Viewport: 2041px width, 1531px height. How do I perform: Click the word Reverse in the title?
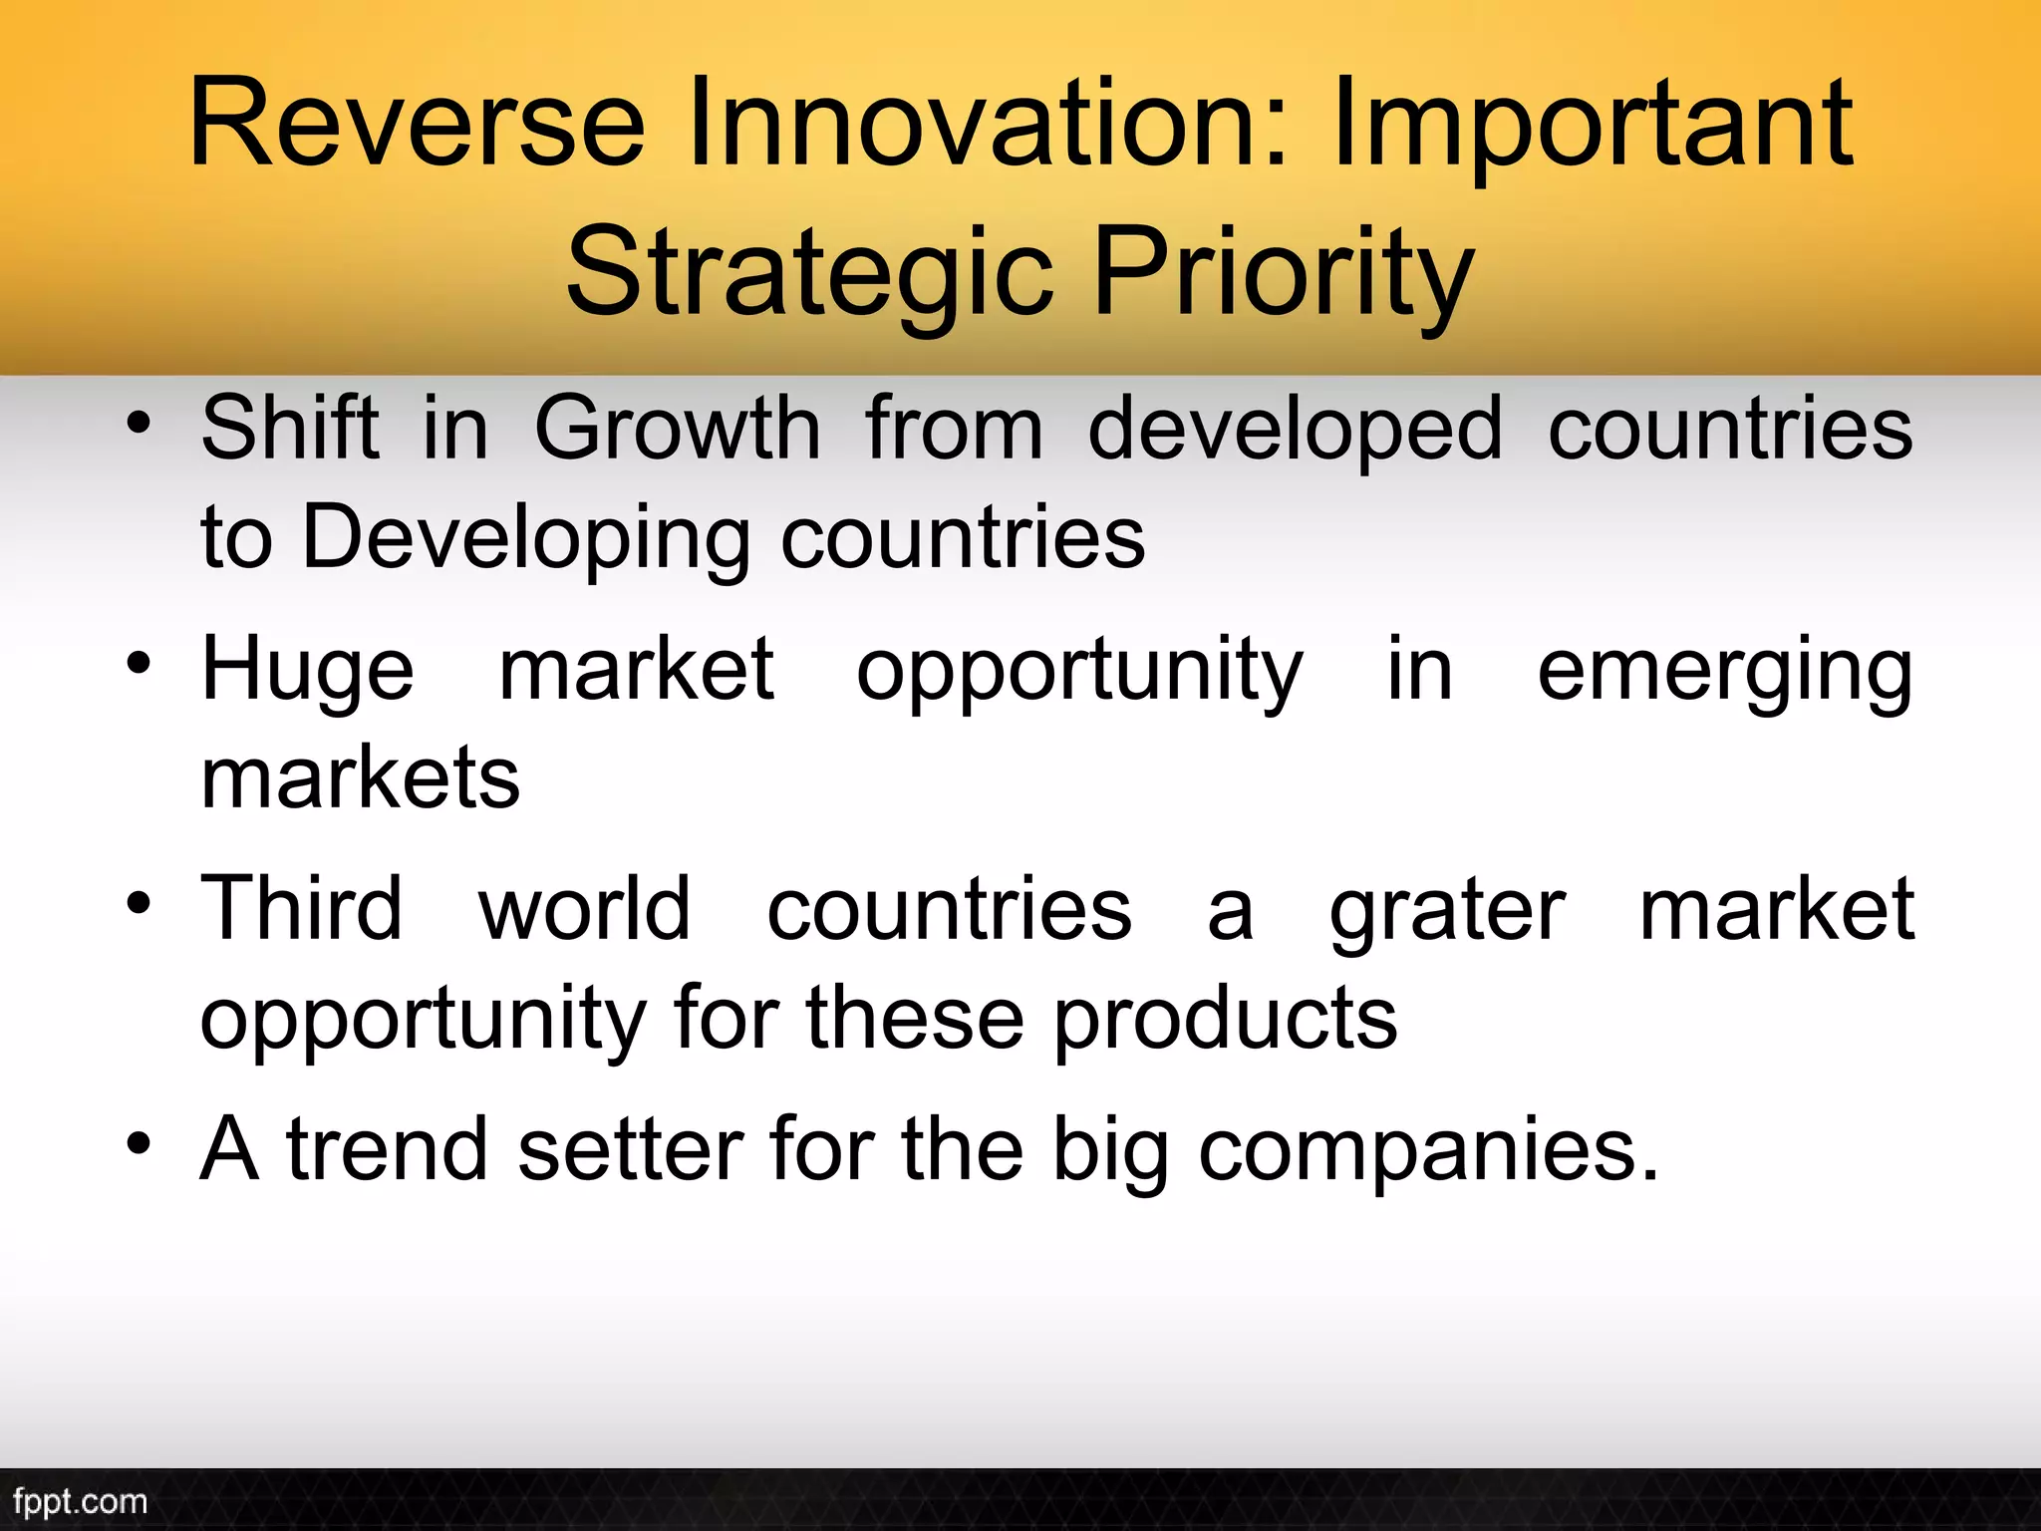click(x=417, y=125)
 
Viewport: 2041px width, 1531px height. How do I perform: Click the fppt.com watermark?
click(x=80, y=1501)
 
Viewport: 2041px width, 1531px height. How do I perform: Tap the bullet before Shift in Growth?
click(x=140, y=426)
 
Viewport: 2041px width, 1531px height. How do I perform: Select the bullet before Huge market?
click(x=140, y=665)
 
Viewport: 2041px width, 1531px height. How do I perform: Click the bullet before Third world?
click(x=140, y=905)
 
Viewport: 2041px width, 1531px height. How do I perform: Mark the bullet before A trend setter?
click(x=140, y=1145)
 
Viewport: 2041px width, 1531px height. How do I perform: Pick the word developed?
click(x=1295, y=431)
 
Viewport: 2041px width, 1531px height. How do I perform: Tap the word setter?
click(x=630, y=1150)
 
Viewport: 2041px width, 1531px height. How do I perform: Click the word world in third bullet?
click(x=584, y=909)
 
